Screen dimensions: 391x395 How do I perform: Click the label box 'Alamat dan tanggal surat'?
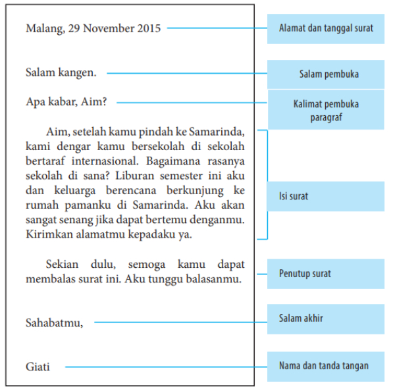[x=325, y=28]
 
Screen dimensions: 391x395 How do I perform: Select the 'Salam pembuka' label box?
[x=325, y=74]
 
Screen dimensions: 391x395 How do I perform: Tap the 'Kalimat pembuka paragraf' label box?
[x=325, y=111]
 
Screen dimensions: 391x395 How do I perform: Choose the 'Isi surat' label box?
[x=325, y=196]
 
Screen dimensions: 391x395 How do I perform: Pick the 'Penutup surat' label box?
[x=325, y=274]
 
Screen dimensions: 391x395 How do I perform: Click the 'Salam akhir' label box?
[x=325, y=319]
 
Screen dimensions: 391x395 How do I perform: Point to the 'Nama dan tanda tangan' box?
[x=325, y=366]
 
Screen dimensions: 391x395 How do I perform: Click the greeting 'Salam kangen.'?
[x=61, y=73]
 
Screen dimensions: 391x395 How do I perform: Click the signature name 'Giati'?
[x=38, y=367]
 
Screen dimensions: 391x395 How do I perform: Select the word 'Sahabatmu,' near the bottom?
[x=54, y=323]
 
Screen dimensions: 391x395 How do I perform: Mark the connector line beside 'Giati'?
[x=165, y=367]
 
